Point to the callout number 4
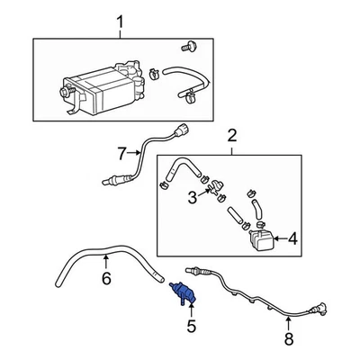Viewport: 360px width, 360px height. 293,238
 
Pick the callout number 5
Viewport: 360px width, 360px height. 190,325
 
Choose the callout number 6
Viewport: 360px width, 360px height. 106,280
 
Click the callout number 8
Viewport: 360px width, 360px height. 288,338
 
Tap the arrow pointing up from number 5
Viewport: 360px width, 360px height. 190,311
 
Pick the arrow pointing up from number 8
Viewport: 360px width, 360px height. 288,322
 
